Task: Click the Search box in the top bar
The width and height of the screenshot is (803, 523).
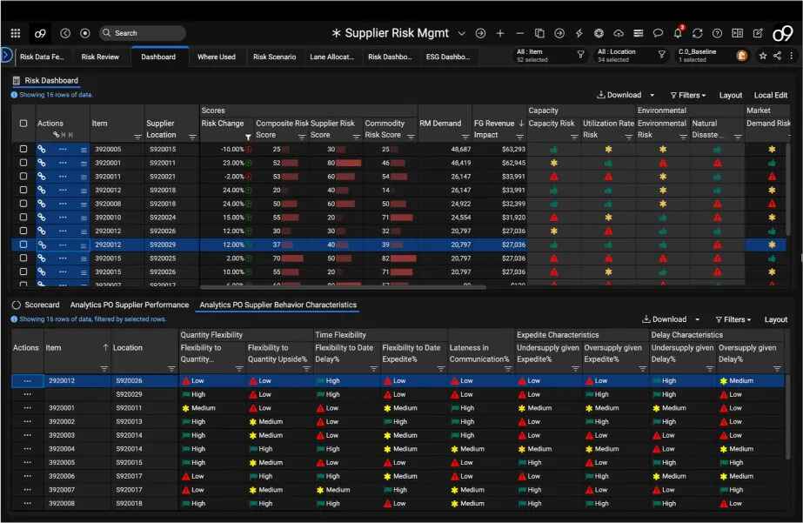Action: [142, 33]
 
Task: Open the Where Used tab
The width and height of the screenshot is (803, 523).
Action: [217, 57]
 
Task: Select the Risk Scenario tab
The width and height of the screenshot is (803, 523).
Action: [274, 57]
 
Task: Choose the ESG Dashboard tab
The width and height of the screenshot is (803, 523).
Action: [447, 57]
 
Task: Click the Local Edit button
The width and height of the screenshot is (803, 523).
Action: [770, 96]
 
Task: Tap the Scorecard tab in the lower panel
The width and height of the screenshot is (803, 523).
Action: [42, 305]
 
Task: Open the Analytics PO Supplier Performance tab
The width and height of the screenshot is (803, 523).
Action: [130, 305]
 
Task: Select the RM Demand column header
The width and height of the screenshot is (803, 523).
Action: [440, 124]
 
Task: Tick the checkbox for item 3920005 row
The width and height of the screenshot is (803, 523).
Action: [23, 150]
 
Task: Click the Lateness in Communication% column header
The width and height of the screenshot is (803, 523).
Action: [478, 353]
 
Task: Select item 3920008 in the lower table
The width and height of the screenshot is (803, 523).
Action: [62, 503]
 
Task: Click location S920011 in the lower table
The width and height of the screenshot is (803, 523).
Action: [128, 408]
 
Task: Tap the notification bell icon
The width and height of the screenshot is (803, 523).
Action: [678, 33]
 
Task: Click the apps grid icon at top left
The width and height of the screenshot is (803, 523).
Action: [16, 33]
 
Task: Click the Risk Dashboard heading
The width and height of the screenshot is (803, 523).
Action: [51, 81]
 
